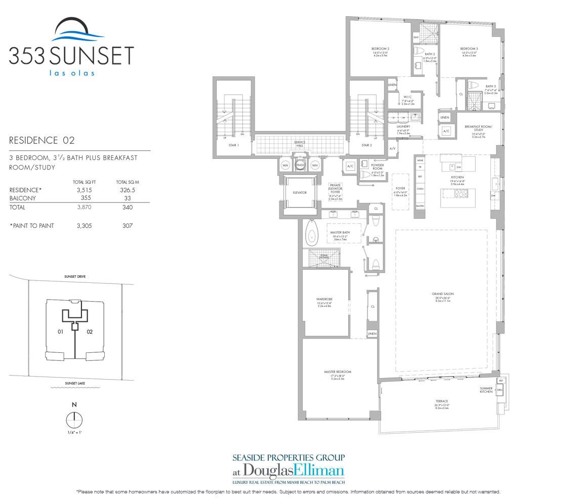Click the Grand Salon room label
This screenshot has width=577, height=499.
pos(438,294)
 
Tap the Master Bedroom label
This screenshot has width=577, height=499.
pos(338,372)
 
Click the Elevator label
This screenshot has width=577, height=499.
pos(300,192)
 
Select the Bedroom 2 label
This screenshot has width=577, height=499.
pos(380,49)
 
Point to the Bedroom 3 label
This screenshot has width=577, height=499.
pos(469,49)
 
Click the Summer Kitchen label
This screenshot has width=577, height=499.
pos(486,390)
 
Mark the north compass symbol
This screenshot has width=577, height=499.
pos(74,420)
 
